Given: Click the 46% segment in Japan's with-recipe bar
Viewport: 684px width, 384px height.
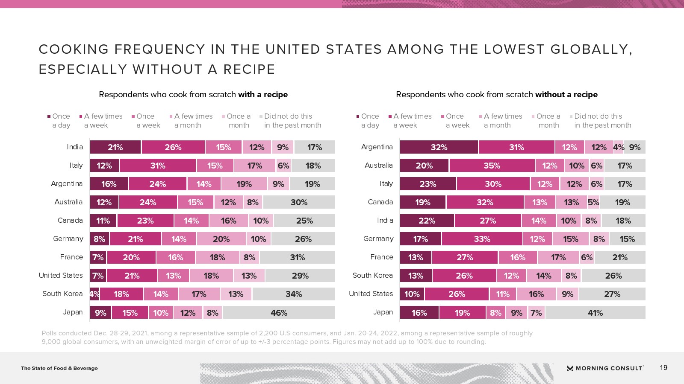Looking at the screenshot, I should click(279, 313).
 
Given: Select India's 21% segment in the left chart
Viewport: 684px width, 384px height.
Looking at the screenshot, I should click(115, 147).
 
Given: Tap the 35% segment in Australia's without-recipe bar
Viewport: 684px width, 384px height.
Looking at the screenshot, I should click(492, 166).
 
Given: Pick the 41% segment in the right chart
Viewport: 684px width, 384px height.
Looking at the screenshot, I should click(595, 313).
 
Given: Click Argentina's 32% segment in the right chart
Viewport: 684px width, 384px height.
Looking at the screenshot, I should click(439, 147).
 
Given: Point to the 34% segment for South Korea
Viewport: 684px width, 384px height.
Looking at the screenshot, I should click(294, 294).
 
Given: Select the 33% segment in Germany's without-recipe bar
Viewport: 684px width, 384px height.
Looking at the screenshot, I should click(482, 239).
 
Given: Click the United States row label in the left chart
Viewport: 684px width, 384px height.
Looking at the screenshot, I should click(61, 276).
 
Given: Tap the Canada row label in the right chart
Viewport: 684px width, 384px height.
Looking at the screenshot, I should click(380, 202).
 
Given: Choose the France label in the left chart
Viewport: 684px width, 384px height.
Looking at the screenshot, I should click(71, 257).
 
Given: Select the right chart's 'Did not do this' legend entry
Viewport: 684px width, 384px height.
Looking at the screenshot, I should click(602, 121).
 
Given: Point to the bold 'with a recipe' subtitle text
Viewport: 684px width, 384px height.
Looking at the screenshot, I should click(263, 95).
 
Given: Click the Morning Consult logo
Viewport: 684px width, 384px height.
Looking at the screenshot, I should click(605, 368).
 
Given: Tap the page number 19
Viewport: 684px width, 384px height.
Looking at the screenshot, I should click(663, 368).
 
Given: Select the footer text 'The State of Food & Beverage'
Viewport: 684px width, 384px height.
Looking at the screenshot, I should click(59, 368).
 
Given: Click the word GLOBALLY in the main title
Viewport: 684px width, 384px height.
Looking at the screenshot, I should click(590, 49).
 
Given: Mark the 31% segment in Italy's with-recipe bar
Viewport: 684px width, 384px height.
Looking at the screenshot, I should click(158, 166).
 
